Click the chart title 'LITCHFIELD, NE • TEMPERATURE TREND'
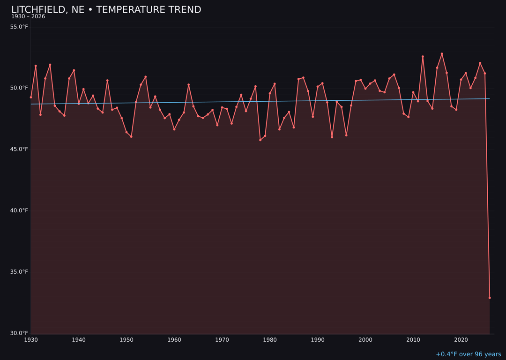pos(106,10)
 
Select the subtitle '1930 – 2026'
pos(28,17)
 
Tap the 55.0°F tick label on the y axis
pos(19,27)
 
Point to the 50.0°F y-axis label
pos(19,88)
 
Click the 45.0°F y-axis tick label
pos(19,150)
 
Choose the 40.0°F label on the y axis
pos(19,210)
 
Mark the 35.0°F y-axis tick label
pos(19,272)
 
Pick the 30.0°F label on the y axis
pos(19,333)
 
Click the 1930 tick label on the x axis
pos(31,340)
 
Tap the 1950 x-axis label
pos(126,340)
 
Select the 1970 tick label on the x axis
pos(222,340)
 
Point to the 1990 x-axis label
pos(318,340)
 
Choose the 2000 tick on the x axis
pos(365,340)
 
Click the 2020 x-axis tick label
pos(461,340)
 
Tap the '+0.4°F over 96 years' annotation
pos(468,354)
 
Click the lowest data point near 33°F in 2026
pos(490,298)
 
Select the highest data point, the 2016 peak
pos(442,54)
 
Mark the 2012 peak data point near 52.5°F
pos(423,57)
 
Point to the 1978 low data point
pos(260,140)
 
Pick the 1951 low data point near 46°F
pos(131,137)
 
